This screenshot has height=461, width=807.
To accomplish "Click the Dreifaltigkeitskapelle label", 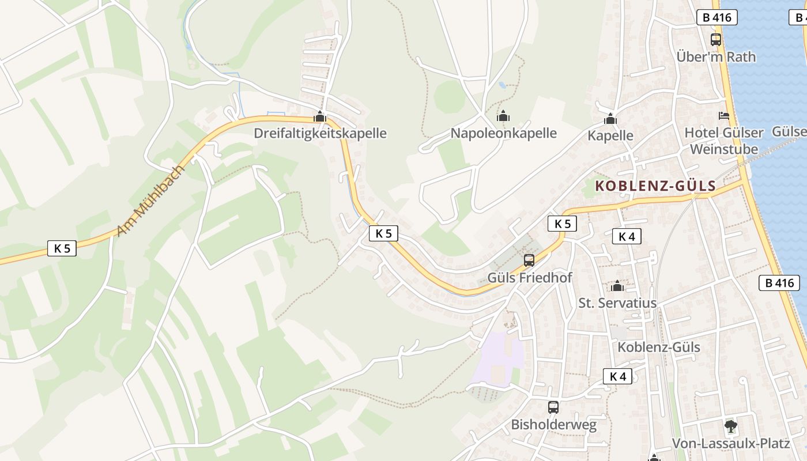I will click(320, 133).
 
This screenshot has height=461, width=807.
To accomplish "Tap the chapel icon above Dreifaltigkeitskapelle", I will click(320, 117).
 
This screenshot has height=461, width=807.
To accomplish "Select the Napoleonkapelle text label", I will click(503, 133).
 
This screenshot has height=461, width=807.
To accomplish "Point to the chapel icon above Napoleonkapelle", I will click(503, 116).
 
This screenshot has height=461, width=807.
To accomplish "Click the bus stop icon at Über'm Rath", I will click(716, 40).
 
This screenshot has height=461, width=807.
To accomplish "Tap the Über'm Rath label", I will click(716, 56).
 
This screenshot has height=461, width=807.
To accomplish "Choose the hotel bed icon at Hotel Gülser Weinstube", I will click(724, 116).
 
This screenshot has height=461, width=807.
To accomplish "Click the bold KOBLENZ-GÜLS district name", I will click(655, 186).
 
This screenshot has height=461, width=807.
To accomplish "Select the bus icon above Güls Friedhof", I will click(529, 260).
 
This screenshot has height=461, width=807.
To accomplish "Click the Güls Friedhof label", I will click(530, 277).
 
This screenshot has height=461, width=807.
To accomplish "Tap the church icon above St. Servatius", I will click(617, 286).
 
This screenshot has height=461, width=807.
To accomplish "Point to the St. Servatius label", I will click(617, 303).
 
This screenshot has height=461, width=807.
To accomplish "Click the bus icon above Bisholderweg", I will click(553, 407).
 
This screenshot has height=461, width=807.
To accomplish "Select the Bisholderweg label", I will click(553, 425).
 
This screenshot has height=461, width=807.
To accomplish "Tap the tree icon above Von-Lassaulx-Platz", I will click(731, 426).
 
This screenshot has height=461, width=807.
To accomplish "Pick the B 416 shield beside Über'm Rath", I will click(717, 17).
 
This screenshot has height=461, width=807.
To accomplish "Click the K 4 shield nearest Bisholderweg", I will click(617, 376).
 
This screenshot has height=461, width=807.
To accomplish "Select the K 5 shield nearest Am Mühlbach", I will click(62, 248).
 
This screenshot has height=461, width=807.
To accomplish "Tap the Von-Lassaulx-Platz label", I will click(731, 444).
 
